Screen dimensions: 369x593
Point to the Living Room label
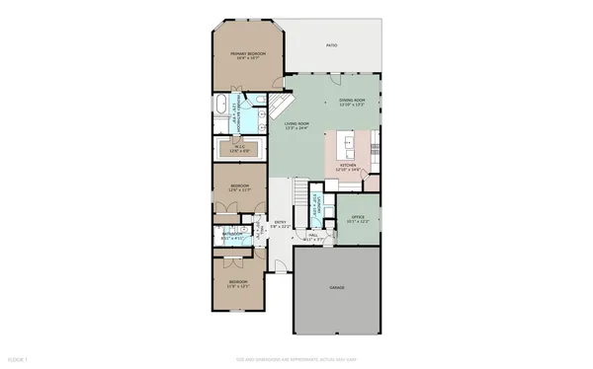pos(296,124)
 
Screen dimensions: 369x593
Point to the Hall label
pos(312,237)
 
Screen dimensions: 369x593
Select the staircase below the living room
pos(300,188)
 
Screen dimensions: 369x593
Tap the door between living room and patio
pos(282,104)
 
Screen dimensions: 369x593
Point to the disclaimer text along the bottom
pos(296,359)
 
